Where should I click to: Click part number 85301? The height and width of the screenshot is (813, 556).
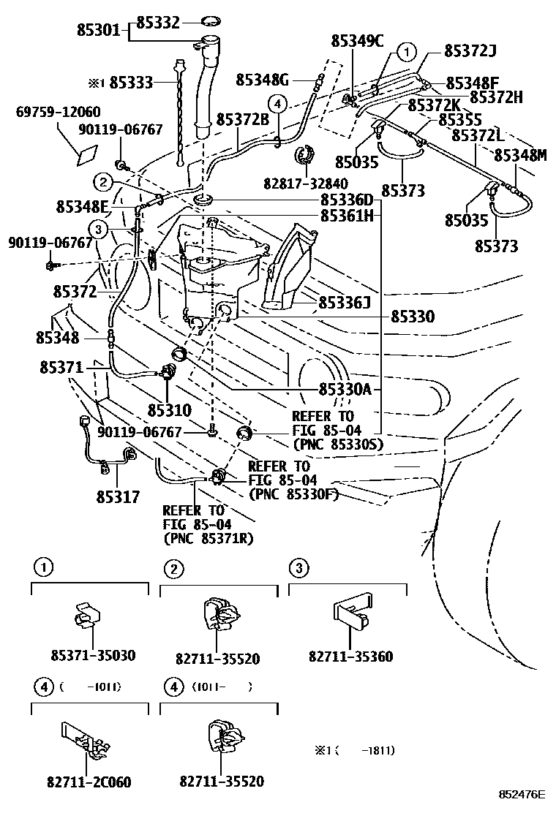coord(99,30)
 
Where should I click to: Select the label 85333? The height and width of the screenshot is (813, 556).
coord(132,83)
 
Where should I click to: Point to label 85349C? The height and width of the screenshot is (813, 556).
coord(358,41)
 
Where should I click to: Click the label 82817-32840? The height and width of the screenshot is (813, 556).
coord(306,183)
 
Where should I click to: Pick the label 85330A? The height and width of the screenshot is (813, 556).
coord(345,389)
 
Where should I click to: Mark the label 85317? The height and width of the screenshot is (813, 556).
coord(119,497)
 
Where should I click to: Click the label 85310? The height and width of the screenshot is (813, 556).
coord(170,410)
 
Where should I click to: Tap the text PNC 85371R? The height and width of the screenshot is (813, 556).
coord(209,539)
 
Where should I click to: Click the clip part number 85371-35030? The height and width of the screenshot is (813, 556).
coord(94,656)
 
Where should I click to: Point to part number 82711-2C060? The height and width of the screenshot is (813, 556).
coord(89,782)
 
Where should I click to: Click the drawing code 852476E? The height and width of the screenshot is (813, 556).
coord(523,794)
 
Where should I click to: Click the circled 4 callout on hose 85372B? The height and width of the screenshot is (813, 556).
coord(278,105)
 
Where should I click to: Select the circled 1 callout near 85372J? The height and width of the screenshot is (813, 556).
coord(407,52)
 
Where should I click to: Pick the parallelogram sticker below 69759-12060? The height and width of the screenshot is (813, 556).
coord(87,156)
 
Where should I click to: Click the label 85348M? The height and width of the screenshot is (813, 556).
coord(520,155)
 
